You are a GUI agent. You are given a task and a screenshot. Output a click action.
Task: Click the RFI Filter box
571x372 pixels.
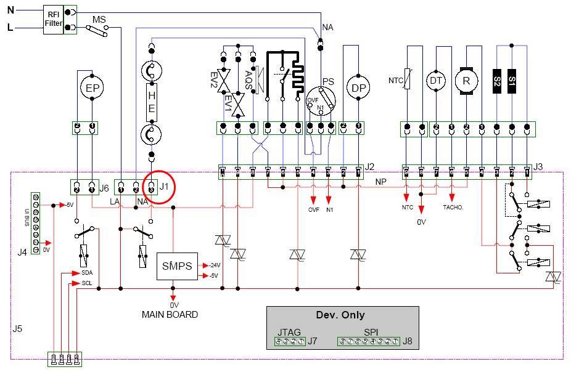click(x=53, y=18)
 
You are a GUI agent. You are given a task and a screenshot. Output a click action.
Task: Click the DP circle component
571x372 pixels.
click(x=357, y=87)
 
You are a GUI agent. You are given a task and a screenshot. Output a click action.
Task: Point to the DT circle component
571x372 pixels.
click(x=437, y=80)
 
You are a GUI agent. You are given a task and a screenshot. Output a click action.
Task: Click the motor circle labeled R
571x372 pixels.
click(x=467, y=80)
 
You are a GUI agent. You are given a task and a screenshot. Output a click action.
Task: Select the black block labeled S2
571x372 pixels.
click(x=496, y=81)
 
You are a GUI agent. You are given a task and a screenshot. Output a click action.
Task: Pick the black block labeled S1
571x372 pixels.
click(x=511, y=81)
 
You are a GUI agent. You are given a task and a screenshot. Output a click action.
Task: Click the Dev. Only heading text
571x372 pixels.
click(x=338, y=314)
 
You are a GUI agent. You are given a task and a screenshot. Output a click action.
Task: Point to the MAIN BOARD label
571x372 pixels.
click(x=170, y=315)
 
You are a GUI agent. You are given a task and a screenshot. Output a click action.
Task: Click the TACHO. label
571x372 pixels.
click(x=453, y=208)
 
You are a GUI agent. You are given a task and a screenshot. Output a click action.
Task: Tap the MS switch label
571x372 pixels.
click(x=99, y=20)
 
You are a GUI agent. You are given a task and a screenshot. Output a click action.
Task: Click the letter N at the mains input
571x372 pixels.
click(x=10, y=10)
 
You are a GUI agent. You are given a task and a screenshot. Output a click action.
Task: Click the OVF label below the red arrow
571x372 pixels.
click(x=313, y=209)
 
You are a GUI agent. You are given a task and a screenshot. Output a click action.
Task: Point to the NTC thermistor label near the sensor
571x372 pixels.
click(x=395, y=80)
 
